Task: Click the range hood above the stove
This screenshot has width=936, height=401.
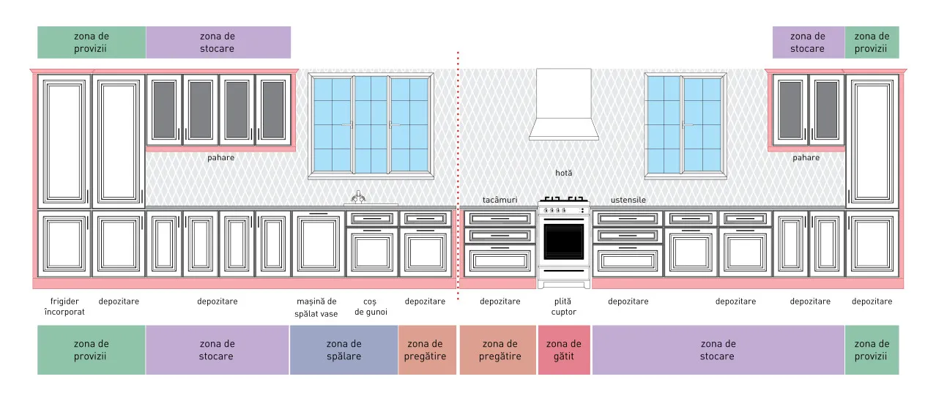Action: (563, 105)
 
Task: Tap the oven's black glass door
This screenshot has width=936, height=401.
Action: (564, 241)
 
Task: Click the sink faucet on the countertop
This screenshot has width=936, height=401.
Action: (358, 197)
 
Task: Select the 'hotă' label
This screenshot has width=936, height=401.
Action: (564, 173)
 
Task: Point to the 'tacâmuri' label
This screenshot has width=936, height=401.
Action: (499, 200)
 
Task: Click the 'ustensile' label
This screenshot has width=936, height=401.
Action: (628, 200)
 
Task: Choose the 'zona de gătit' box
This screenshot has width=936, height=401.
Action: (564, 350)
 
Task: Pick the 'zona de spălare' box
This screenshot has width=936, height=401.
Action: (343, 350)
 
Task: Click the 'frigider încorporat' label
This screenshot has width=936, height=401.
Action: (64, 307)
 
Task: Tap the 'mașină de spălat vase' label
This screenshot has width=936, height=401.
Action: (316, 307)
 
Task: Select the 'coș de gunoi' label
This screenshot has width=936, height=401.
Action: (371, 307)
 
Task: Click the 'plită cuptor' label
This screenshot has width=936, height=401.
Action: (563, 307)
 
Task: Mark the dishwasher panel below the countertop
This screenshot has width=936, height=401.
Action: (319, 244)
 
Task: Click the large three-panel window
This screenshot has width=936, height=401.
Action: (371, 126)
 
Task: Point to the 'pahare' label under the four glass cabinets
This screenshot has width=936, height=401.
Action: (220, 158)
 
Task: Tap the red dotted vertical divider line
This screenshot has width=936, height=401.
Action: (458, 176)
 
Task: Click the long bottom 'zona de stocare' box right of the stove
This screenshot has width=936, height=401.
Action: (718, 350)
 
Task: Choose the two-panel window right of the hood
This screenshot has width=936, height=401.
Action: (686, 126)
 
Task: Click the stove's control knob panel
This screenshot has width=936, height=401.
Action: (564, 210)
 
